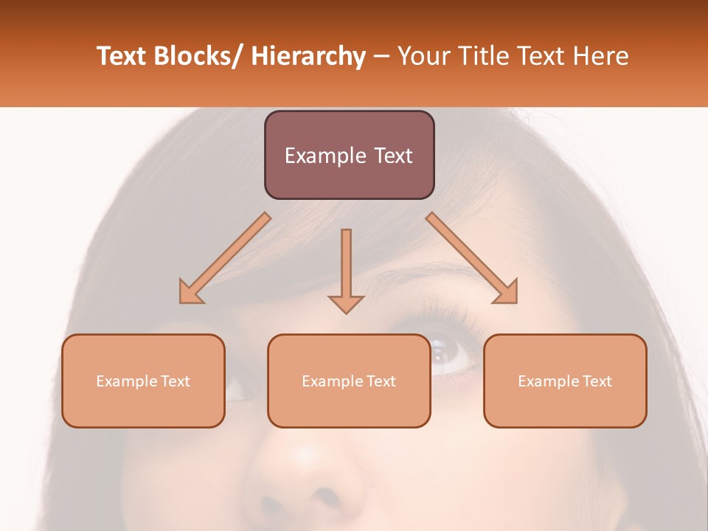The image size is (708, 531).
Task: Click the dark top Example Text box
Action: [x=349, y=155]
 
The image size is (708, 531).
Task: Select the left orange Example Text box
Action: [x=143, y=381]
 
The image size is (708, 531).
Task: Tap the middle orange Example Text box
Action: [x=349, y=381]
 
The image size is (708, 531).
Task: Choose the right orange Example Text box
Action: [x=565, y=381]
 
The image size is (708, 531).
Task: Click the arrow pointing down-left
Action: [x=226, y=257]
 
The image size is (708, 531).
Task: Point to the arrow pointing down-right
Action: [x=472, y=257]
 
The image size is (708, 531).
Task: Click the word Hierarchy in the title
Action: [x=308, y=56]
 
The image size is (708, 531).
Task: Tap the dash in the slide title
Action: [x=381, y=56]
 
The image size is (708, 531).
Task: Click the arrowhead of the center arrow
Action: [x=346, y=302]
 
